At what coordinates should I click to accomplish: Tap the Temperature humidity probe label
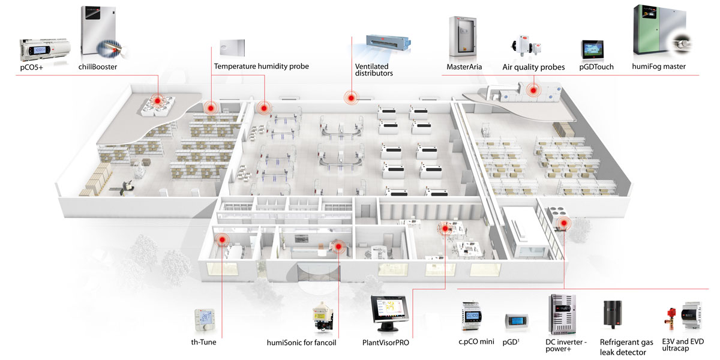click(x=261, y=66)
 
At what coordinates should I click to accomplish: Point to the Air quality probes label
click(x=533, y=67)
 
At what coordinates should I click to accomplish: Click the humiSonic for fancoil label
click(x=301, y=343)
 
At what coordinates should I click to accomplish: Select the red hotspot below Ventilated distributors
click(x=349, y=97)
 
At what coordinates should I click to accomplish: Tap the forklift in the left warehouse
click(x=127, y=188)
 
